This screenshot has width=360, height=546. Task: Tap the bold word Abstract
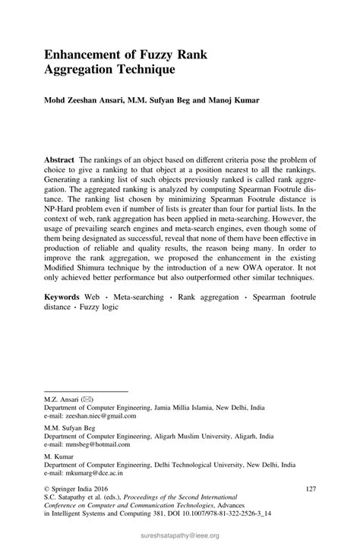(59, 162)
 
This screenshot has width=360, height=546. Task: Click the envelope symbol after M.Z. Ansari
(86, 399)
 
